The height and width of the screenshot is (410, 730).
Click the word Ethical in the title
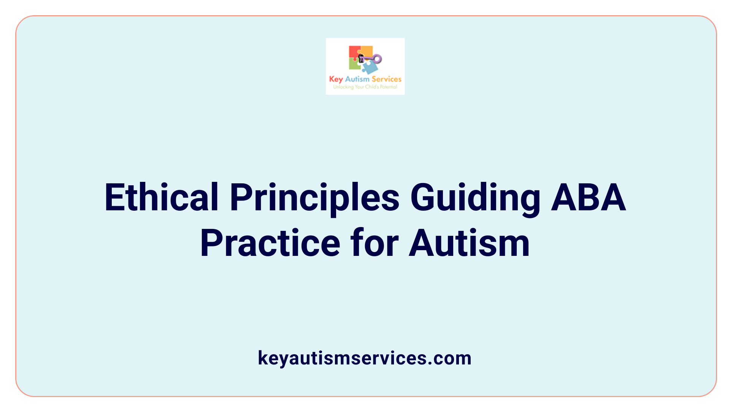(x=161, y=197)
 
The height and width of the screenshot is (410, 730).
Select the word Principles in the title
(x=314, y=197)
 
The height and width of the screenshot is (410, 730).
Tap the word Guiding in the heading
(x=475, y=197)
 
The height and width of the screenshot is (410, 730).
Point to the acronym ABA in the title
(x=588, y=197)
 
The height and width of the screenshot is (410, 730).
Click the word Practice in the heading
(x=270, y=243)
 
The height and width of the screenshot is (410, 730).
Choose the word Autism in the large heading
(x=469, y=243)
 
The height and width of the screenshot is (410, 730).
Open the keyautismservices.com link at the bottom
(x=365, y=358)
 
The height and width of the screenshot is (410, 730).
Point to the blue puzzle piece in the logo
(x=369, y=68)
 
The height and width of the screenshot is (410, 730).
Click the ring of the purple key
(x=377, y=58)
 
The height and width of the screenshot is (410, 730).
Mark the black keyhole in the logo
(x=361, y=58)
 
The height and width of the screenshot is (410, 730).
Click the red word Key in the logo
(x=336, y=79)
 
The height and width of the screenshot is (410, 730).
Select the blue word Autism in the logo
(x=357, y=79)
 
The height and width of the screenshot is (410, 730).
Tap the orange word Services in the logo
(x=386, y=79)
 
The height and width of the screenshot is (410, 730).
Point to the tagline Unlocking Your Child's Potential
(x=365, y=87)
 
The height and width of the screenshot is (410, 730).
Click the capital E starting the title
(x=114, y=197)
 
